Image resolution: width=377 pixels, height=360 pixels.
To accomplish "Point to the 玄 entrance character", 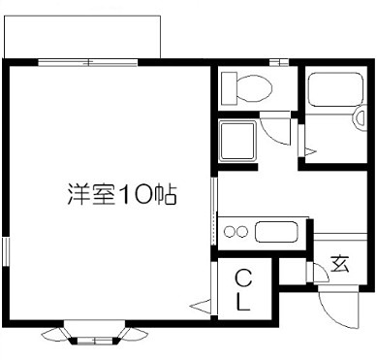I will coord(339,262).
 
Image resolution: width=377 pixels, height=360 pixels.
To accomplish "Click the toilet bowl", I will coord(251,89).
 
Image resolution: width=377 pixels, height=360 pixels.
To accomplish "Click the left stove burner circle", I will coord(229,232).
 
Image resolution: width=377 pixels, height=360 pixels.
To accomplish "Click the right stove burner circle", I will coord(242,232).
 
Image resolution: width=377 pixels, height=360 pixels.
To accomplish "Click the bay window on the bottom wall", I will coord(95,335).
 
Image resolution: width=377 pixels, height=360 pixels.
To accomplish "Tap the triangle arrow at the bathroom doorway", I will coord(309,151).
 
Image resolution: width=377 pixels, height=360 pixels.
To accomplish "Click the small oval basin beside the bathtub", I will coord(351,121).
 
